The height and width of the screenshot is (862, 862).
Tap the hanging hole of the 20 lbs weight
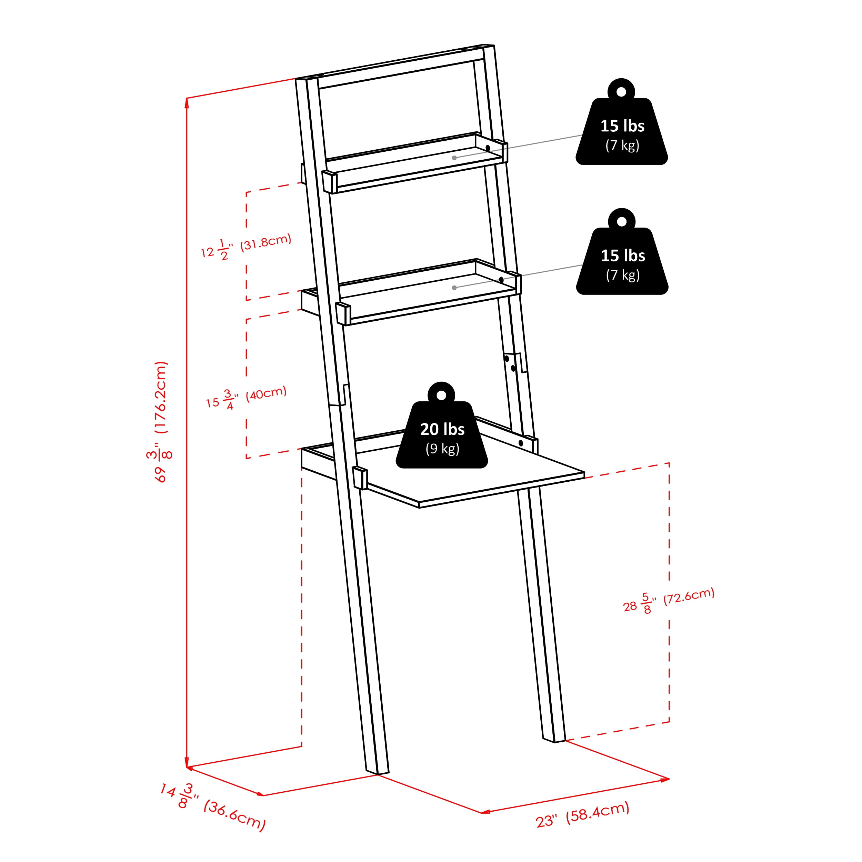(441, 395)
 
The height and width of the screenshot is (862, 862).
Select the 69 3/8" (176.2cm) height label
(160, 422)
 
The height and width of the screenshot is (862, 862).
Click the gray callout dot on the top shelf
(454, 158)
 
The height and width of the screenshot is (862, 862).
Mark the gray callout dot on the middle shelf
(454, 288)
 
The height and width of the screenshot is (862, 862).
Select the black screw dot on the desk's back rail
(521, 443)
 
